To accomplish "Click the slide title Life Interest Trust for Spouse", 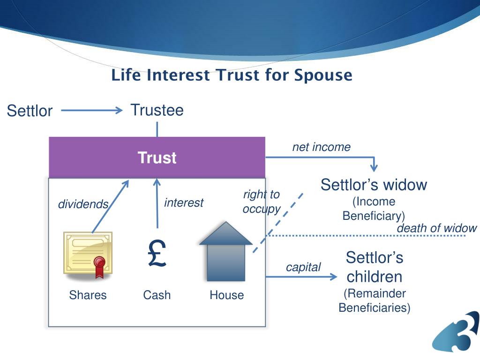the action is tap(232, 75).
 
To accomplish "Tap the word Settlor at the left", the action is tap(30, 111).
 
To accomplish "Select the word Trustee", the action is tap(157, 110).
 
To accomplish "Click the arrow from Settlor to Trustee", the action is tap(91, 111).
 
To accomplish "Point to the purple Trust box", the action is tap(157, 157).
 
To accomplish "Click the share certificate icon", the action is tap(88, 253).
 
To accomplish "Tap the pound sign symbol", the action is tap(157, 254).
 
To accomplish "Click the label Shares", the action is tap(88, 295).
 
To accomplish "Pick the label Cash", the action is tap(157, 295).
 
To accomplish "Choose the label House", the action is tap(226, 295).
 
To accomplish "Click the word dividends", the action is tap(83, 204).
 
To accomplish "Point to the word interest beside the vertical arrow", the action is tap(184, 202).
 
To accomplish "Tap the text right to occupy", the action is tap(261, 202).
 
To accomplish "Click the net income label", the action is tap(321, 147).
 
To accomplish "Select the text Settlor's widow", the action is tap(374, 185).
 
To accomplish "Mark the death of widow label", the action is tap(436, 228).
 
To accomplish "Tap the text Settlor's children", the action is tap(374, 267).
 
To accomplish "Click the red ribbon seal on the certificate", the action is tap(99, 265).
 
